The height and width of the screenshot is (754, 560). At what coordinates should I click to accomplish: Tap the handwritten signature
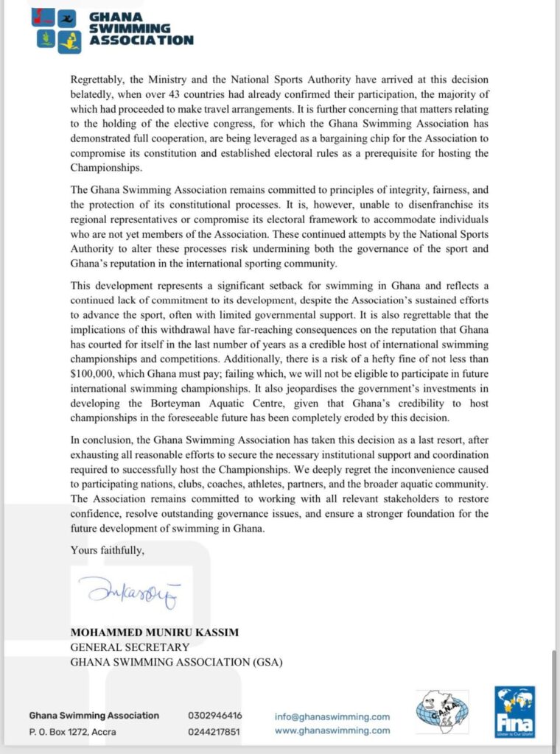pos(128,591)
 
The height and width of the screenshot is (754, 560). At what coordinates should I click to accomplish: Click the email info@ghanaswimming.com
pos(332,716)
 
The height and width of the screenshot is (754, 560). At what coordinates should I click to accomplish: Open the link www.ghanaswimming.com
pos(332,730)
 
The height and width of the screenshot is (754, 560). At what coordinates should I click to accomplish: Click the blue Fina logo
pos(514,711)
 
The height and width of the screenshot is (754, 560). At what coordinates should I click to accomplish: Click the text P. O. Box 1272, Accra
pos(72,732)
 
